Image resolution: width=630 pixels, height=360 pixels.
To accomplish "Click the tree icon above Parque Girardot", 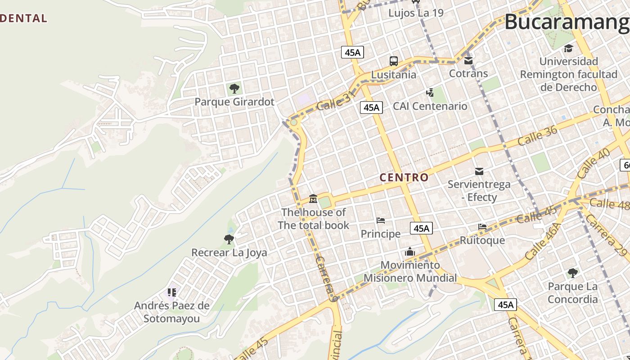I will point(234,88).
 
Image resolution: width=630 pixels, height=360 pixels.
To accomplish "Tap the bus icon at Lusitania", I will point(393,61).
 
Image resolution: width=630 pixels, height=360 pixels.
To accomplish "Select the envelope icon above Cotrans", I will point(468,60).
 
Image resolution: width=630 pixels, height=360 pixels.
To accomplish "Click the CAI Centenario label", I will point(430,106).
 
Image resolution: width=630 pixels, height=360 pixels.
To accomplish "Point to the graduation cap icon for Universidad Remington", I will point(568,48).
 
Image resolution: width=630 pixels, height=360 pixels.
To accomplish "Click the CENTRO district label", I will point(404,177).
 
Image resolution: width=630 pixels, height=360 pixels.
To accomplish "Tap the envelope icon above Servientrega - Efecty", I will point(479,171).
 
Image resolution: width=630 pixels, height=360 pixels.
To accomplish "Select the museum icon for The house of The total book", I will point(313,198).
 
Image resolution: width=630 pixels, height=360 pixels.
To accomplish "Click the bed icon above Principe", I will point(380,220).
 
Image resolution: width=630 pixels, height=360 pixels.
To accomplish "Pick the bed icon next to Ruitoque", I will point(482,226).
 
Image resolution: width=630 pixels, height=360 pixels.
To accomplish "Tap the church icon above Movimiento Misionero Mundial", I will point(409,252).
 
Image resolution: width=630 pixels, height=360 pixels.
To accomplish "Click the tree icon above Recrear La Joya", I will point(229,239).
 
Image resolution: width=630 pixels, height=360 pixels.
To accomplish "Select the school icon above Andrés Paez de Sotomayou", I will point(171,292).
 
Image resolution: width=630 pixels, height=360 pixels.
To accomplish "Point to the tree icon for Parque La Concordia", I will point(572,273).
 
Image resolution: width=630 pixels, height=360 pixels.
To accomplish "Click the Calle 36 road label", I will point(537,135).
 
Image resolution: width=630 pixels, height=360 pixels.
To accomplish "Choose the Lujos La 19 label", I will point(416,13).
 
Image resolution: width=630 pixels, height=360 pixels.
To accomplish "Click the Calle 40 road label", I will point(593,163).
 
